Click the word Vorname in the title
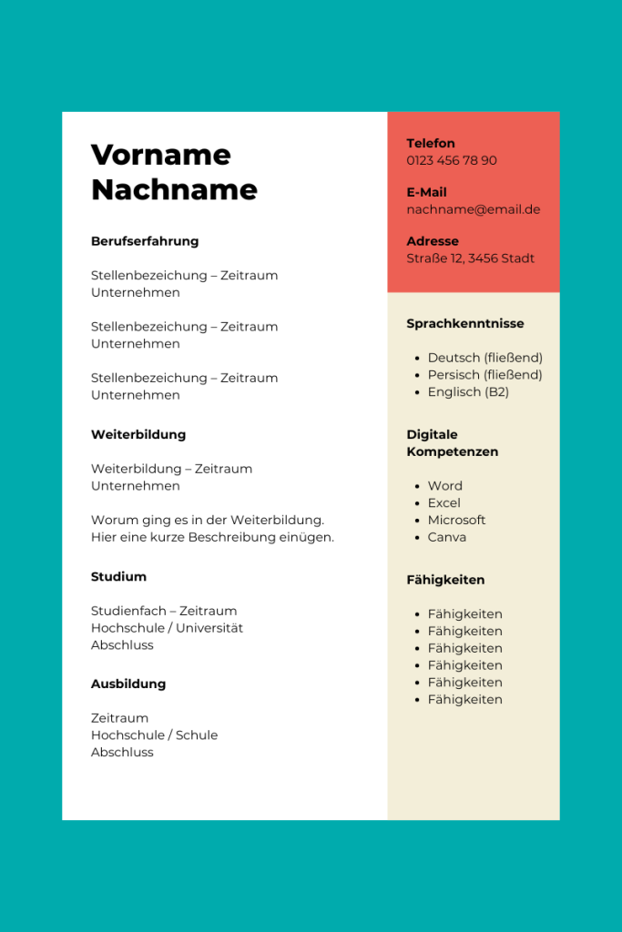160,155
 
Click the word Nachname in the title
174,189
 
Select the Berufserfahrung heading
145,241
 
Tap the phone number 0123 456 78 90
452,160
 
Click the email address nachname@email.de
473,209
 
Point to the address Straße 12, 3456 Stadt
470,258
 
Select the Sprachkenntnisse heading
464,323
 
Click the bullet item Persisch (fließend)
484,375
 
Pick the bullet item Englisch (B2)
468,392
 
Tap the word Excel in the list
444,503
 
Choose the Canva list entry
446,537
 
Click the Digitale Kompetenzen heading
452,443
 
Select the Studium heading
118,576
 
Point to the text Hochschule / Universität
167,628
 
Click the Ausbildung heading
128,684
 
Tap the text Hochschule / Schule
154,735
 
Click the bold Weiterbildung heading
138,434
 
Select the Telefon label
430,143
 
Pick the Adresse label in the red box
432,241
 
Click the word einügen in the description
308,537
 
